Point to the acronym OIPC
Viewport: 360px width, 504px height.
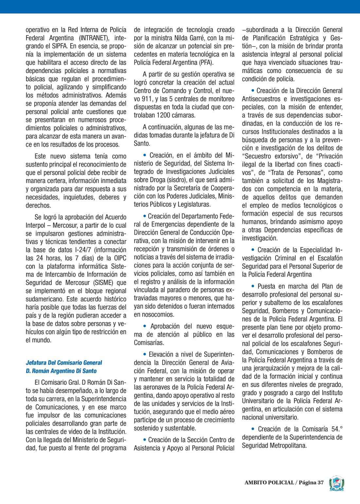119,258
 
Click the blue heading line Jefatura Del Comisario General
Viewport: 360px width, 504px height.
64,363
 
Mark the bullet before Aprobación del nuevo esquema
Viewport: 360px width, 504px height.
145,326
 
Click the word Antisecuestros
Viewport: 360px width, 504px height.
261,99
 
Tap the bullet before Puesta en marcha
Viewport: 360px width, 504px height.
253,286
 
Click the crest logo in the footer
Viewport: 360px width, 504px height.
337,483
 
